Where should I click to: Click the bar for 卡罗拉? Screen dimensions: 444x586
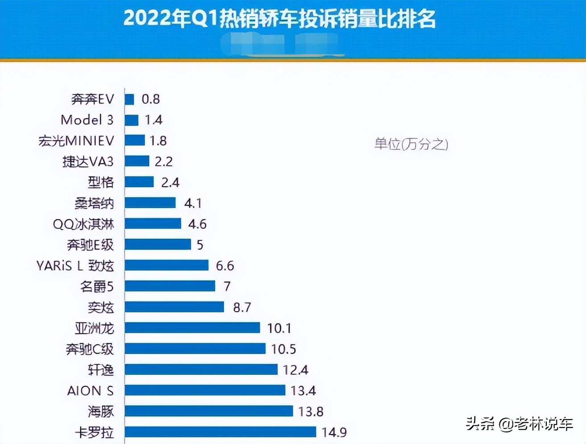click(x=220, y=432)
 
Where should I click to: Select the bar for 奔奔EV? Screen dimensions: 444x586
click(x=129, y=99)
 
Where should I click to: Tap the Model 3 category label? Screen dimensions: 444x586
click(x=87, y=120)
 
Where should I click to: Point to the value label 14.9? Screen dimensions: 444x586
click(x=334, y=432)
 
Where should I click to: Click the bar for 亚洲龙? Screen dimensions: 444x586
click(x=192, y=328)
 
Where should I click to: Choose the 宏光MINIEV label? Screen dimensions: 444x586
click(x=76, y=141)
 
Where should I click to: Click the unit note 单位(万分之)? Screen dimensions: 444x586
click(x=411, y=144)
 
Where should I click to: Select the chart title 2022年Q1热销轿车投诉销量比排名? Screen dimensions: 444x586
click(x=279, y=19)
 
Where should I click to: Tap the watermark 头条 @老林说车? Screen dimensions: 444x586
click(x=519, y=423)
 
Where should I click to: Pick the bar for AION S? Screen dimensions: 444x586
click(x=205, y=391)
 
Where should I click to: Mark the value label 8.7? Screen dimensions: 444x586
click(x=242, y=307)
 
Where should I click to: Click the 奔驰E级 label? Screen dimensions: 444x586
click(x=91, y=245)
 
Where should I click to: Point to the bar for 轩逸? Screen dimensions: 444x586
click(x=201, y=370)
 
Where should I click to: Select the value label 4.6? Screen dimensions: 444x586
click(x=197, y=224)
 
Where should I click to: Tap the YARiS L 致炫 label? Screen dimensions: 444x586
click(x=75, y=266)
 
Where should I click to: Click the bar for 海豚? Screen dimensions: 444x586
click(x=209, y=411)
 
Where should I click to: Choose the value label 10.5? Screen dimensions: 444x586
click(x=283, y=349)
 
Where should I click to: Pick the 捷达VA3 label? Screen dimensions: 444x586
click(x=88, y=161)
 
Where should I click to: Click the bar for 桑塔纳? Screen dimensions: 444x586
click(x=150, y=203)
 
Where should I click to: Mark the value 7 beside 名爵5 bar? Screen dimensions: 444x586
click(x=227, y=286)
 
